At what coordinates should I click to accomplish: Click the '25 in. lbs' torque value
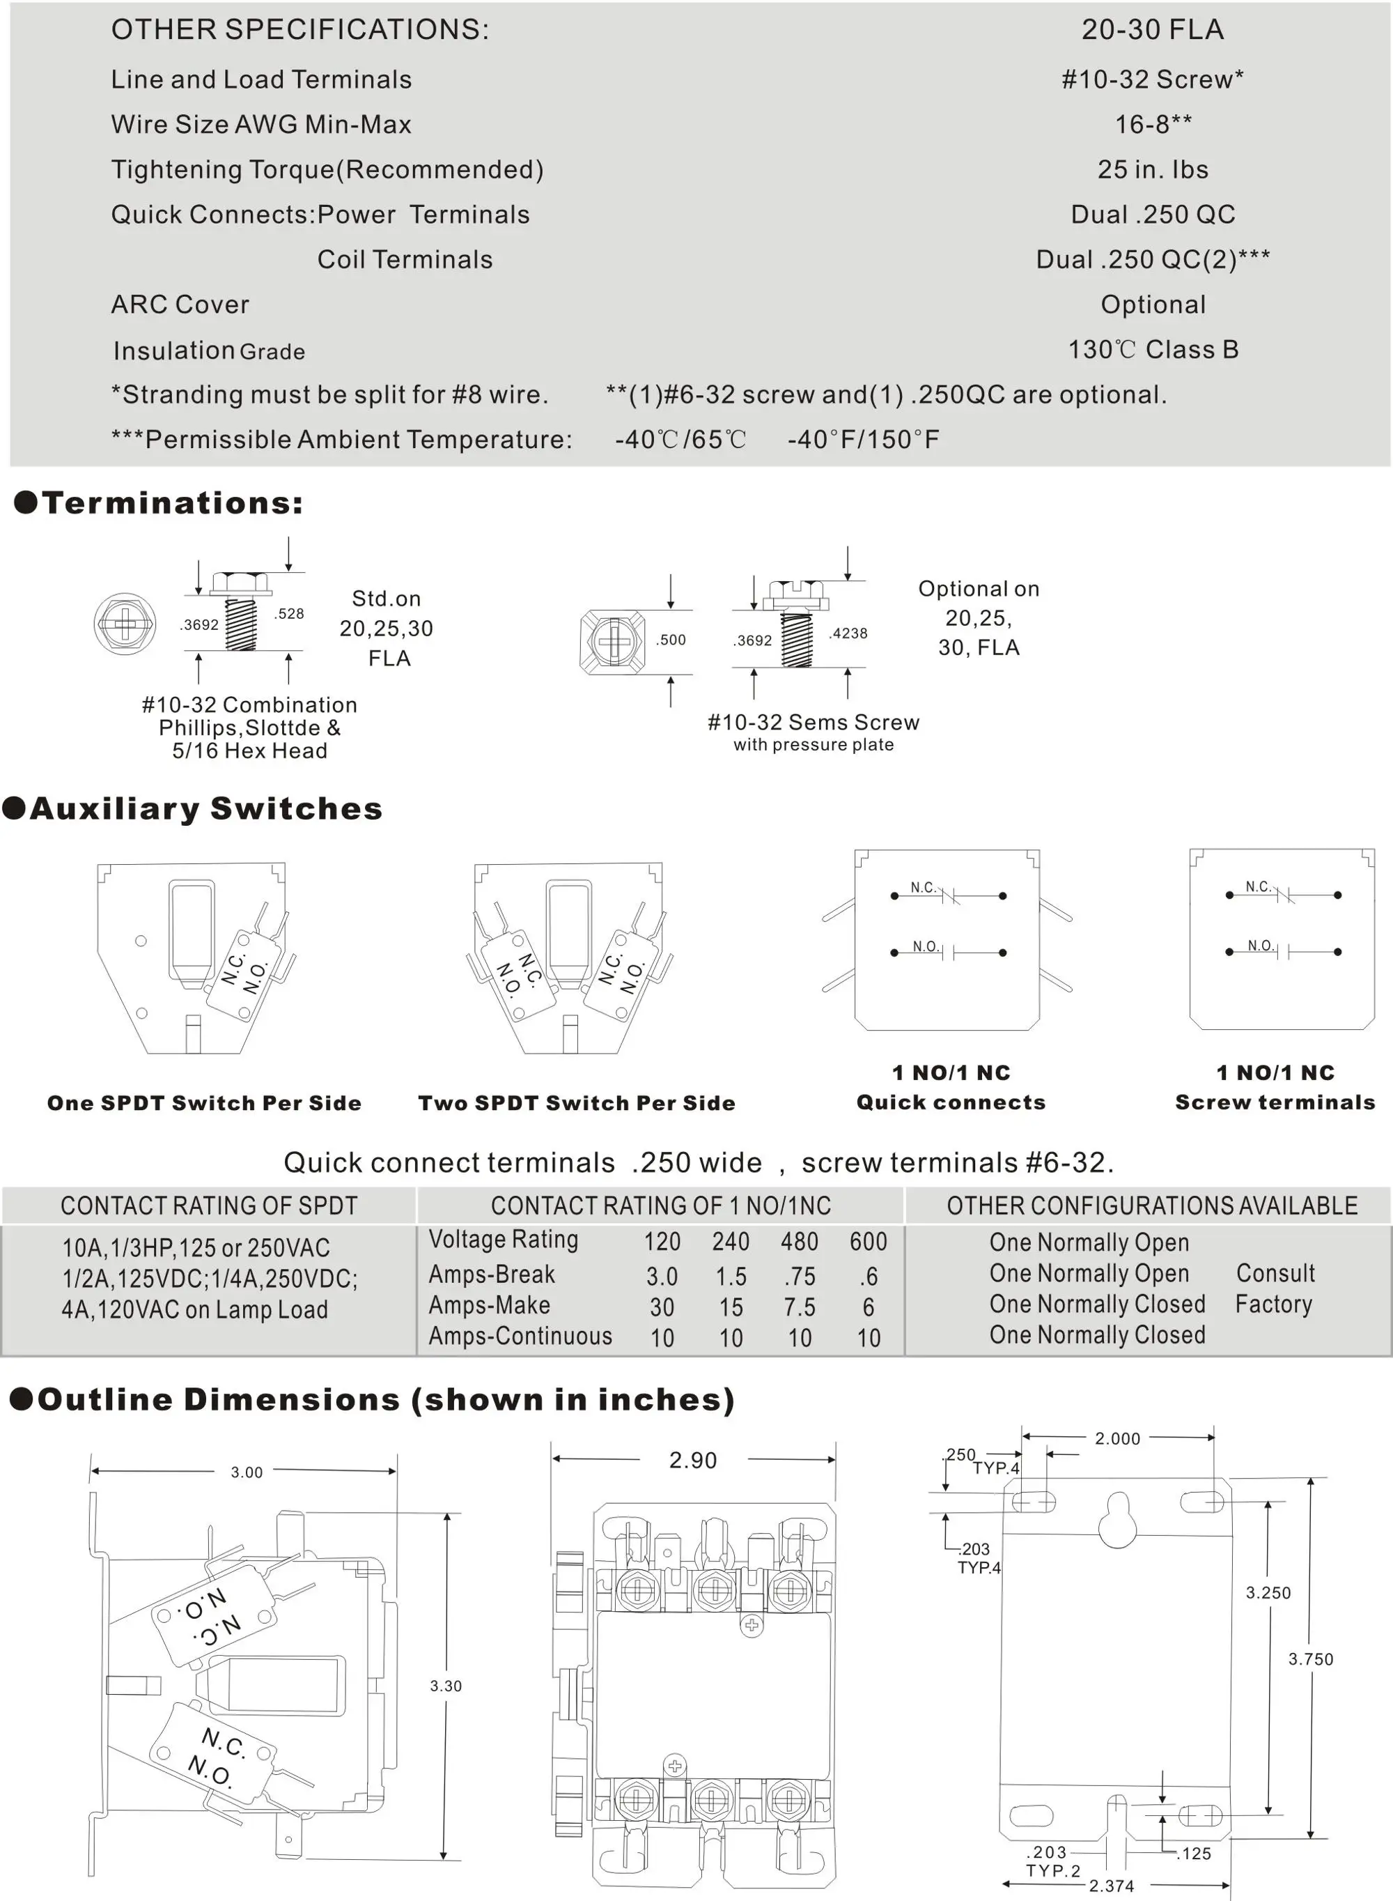[x=1153, y=169]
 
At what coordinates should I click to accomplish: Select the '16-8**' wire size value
[x=1153, y=125]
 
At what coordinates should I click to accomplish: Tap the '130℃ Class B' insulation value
[x=1153, y=349]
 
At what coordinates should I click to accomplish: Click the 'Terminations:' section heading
[x=172, y=504]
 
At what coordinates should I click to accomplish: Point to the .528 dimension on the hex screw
[x=289, y=613]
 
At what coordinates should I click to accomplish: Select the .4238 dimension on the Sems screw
[x=848, y=633]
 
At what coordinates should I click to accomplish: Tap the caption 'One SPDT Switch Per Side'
[x=204, y=1103]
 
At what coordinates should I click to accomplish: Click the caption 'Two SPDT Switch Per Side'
[x=577, y=1103]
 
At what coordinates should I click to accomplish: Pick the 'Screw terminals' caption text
[x=1275, y=1102]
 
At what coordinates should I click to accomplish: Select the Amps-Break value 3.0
[x=662, y=1277]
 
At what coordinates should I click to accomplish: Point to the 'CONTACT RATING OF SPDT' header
[x=209, y=1206]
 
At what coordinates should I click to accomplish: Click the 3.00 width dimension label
[x=247, y=1472]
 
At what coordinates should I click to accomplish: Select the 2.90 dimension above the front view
[x=693, y=1461]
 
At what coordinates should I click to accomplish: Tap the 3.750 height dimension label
[x=1310, y=1660]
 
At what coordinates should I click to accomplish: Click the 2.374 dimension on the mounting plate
[x=1112, y=1886]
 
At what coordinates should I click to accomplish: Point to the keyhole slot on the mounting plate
[x=1118, y=1520]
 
